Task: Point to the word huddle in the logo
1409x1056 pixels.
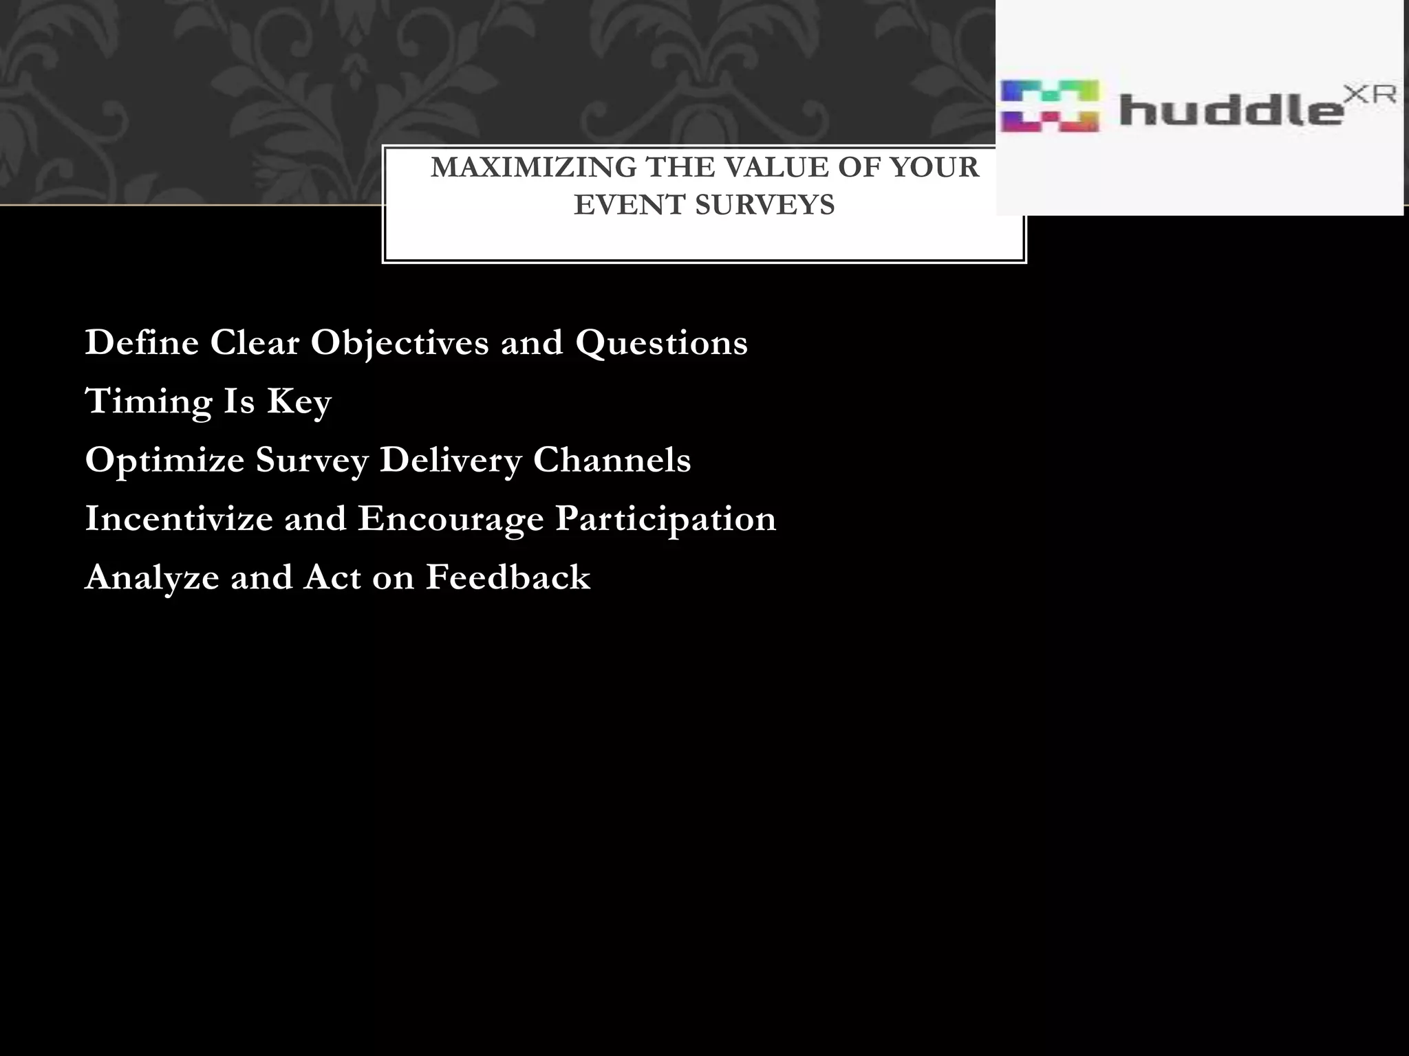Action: tap(1229, 109)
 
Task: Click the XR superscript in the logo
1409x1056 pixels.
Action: tap(1369, 95)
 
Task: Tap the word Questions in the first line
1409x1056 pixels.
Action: tap(661, 342)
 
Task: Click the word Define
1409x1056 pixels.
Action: tap(142, 342)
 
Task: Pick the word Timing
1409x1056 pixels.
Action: tap(149, 401)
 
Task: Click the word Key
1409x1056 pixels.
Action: tap(299, 401)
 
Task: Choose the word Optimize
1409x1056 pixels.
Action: tap(164, 460)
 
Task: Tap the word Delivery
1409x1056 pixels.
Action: tap(451, 460)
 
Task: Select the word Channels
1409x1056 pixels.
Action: tap(612, 460)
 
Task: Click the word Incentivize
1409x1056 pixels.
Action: tap(179, 518)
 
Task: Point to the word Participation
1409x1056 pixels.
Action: tap(665, 518)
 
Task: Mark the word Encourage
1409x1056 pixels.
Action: tap(451, 518)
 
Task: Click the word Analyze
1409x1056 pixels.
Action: tap(152, 577)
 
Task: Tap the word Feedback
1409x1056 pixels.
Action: tap(508, 577)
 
